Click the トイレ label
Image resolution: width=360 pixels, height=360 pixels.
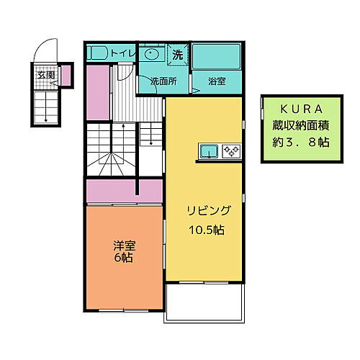(122, 53)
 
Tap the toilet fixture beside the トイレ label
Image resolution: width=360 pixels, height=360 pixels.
(98, 53)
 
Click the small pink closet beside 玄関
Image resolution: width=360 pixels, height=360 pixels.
(64, 74)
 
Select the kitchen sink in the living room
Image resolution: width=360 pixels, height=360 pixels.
(210, 150)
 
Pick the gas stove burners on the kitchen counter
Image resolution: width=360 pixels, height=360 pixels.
(233, 150)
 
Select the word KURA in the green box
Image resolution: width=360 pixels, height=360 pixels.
(295, 109)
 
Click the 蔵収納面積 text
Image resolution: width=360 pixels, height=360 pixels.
(295, 125)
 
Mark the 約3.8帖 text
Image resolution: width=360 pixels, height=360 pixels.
(295, 142)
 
